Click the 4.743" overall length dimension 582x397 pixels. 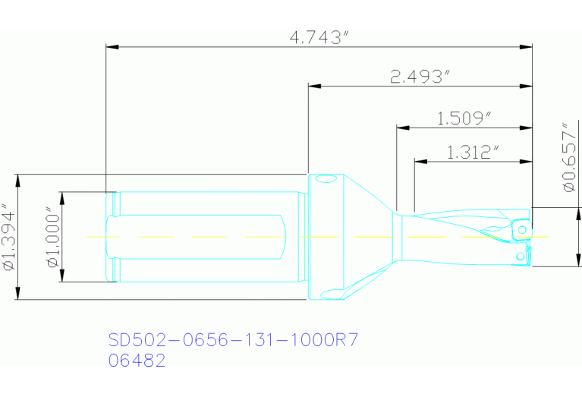[x=319, y=37]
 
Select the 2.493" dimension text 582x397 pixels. [x=420, y=77]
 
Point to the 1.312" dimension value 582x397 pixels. [x=473, y=153]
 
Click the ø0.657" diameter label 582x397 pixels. [x=566, y=157]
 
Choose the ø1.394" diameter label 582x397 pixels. [x=8, y=238]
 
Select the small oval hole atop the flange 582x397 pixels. [x=326, y=181]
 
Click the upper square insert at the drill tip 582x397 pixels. [x=521, y=227]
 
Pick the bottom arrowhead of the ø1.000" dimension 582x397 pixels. [x=64, y=277]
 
